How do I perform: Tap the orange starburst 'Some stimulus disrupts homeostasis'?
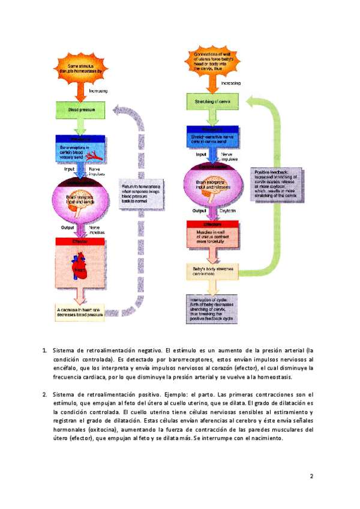(x=83, y=68)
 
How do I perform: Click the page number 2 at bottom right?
(x=312, y=477)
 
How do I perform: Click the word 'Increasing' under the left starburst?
(x=98, y=91)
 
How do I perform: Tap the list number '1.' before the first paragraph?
(x=44, y=350)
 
